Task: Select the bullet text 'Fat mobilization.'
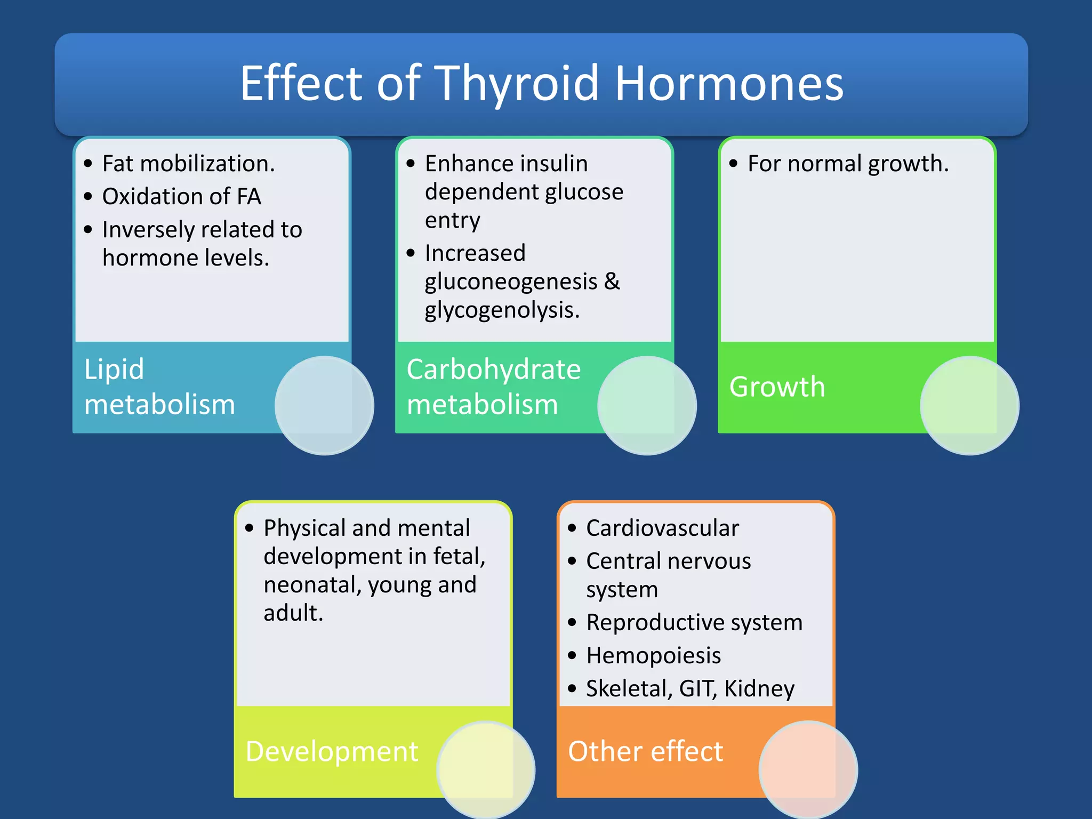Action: (188, 164)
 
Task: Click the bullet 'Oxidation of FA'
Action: (181, 197)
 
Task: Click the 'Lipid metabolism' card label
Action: (159, 387)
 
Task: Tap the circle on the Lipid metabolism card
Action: (324, 405)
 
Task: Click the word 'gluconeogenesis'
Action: (511, 282)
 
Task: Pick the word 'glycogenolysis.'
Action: (502, 310)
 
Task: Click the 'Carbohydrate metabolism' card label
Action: (493, 387)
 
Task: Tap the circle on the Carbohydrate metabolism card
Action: (647, 405)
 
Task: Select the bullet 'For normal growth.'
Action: (848, 164)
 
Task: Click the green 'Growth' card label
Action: (777, 387)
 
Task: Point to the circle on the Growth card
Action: (969, 405)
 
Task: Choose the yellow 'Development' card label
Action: (332, 751)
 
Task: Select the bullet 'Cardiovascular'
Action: (662, 528)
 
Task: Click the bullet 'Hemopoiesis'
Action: (653, 656)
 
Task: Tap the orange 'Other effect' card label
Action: (645, 751)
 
